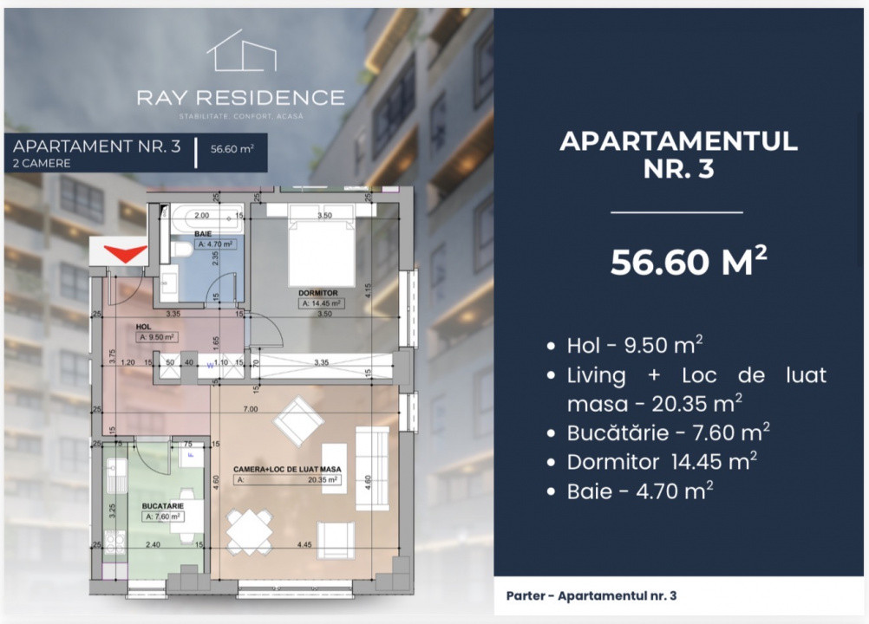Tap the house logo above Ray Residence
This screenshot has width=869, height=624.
241,51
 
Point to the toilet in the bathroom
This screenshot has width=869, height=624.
181,250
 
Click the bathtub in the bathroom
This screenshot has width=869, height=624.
201,216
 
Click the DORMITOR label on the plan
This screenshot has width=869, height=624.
320,294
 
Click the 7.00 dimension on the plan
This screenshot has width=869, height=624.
251,407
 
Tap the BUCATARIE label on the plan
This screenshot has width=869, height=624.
163,503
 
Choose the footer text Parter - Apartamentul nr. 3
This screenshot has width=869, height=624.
591,595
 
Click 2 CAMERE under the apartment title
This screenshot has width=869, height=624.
42,163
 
